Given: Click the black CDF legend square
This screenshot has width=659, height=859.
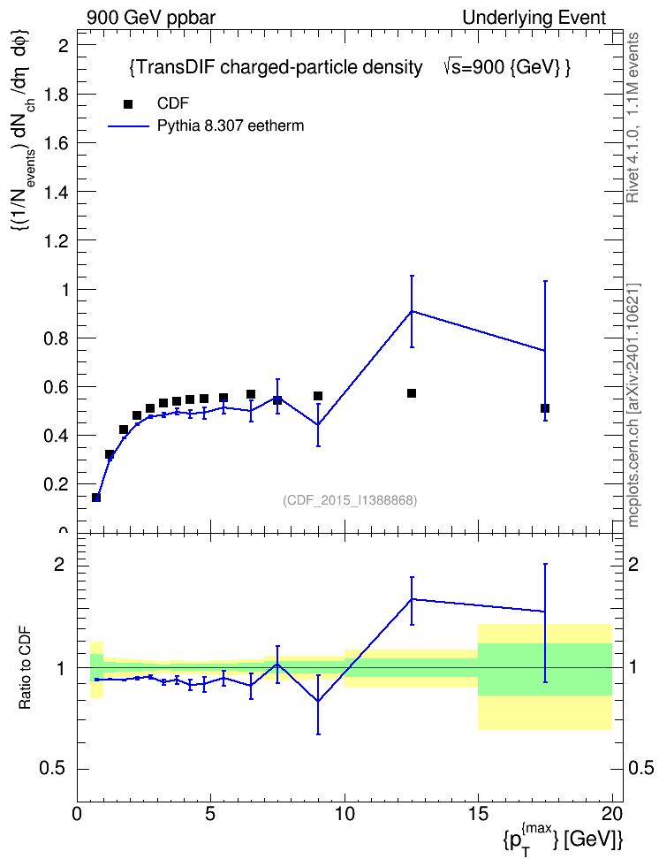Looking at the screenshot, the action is (x=127, y=104).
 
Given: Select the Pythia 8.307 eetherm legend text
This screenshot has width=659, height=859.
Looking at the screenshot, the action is (x=230, y=126).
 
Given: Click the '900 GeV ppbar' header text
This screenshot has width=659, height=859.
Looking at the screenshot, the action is (x=151, y=18).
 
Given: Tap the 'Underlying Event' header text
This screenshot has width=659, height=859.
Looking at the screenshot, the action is (x=534, y=18).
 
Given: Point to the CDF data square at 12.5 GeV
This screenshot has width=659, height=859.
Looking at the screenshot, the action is (x=412, y=393).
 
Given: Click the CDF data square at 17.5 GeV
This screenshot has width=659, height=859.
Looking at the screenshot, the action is (x=545, y=408).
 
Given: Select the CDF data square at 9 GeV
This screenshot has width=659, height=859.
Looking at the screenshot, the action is (x=318, y=396).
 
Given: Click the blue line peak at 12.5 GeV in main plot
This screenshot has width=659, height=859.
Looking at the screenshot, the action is (x=412, y=311).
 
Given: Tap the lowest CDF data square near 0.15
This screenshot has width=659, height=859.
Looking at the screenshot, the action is (x=96, y=498).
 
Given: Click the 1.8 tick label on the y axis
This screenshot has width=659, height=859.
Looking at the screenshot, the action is (x=56, y=95).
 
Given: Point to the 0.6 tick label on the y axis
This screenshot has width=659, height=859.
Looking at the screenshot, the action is (x=56, y=387).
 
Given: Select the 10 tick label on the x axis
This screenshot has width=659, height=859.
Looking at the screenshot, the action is (x=345, y=814).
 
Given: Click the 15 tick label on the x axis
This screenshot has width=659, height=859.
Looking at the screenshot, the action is (x=478, y=814).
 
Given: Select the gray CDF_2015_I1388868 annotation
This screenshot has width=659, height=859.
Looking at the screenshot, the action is (x=350, y=500).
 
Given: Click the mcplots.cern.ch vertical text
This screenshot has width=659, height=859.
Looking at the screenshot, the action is (x=633, y=405).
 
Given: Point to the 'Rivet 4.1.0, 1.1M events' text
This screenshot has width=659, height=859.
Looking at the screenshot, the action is (x=632, y=118).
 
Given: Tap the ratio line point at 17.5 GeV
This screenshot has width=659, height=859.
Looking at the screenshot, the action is (x=545, y=612).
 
